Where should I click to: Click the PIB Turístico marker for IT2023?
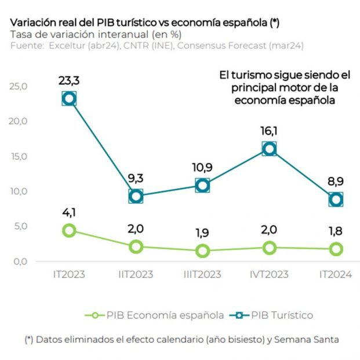(x=69, y=99)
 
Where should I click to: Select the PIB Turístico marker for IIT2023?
(x=136, y=196)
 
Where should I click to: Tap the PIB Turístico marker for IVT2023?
(x=269, y=149)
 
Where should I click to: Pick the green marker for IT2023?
(x=69, y=230)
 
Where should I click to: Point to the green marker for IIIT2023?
(x=202, y=251)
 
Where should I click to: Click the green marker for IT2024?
(x=336, y=249)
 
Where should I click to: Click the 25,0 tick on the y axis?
(x=19, y=86)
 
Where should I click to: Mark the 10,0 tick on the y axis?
(x=19, y=191)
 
